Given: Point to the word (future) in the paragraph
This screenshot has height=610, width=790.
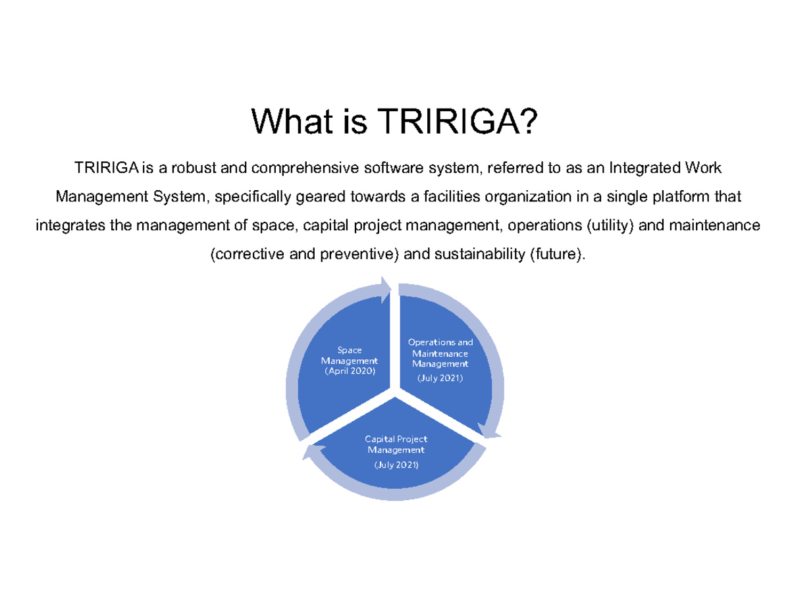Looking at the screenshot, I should [x=556, y=255].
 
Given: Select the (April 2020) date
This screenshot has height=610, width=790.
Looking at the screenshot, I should [x=349, y=371].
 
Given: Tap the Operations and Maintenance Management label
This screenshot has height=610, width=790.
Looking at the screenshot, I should [x=440, y=353].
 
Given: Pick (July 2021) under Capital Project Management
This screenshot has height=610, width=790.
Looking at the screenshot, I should [x=396, y=465].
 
